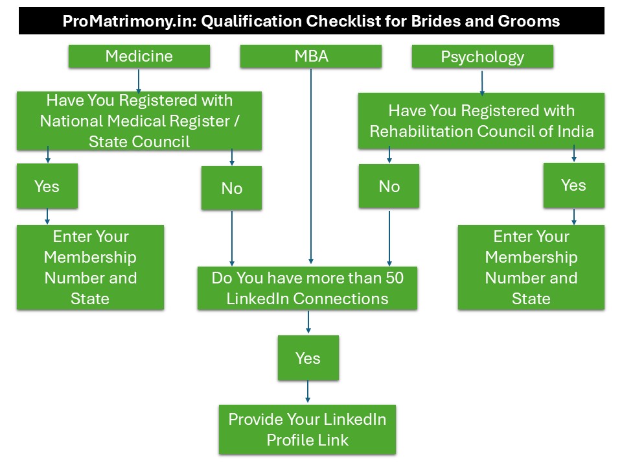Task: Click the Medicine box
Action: coord(139,56)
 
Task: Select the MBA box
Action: coord(311,56)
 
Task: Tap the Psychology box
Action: coord(482,56)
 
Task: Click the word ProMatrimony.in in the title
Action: coord(130,21)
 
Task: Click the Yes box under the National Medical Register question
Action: coord(47,186)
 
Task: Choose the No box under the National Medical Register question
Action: coord(232,188)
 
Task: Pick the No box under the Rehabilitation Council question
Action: coord(389,186)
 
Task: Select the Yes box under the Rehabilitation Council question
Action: coord(574,185)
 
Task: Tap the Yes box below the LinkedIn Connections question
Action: coord(308,358)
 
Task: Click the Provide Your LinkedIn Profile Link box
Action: coord(307,429)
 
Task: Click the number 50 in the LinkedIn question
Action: coord(395,278)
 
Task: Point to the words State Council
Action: coord(139,141)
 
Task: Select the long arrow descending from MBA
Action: coord(311,166)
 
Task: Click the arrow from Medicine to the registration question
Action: coord(139,81)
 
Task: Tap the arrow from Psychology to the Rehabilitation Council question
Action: coord(482,83)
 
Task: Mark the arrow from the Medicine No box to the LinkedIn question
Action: coord(232,238)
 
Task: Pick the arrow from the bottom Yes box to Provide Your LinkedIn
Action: coord(308,392)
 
